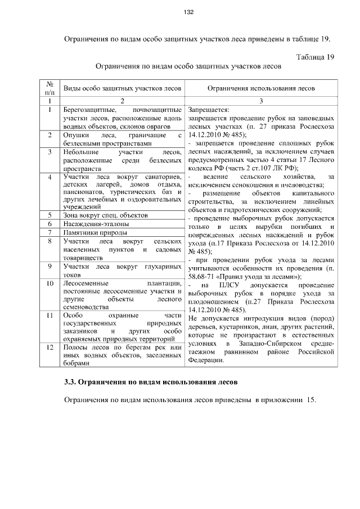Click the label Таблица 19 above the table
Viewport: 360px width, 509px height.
coord(316,57)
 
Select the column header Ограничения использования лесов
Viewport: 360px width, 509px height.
coord(262,88)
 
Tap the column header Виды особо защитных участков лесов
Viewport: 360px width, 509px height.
coord(122,88)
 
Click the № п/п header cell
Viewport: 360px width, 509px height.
coord(49,88)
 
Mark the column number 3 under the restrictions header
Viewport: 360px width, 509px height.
coord(262,101)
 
